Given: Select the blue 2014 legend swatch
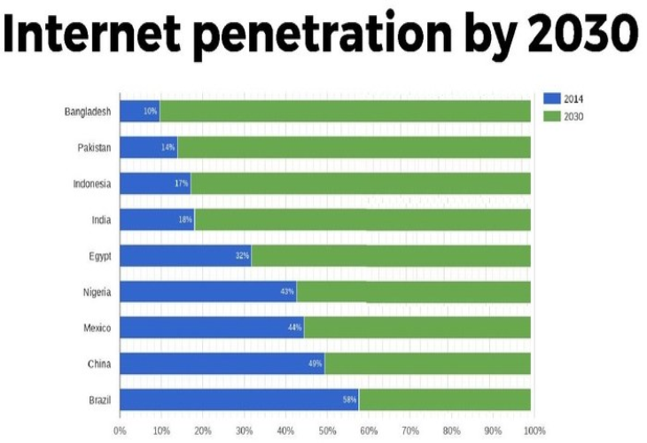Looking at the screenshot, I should (x=550, y=99).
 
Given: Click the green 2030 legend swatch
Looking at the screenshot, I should (x=550, y=116).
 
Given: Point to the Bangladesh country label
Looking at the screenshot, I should (x=88, y=112).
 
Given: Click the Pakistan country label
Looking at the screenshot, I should (x=94, y=147).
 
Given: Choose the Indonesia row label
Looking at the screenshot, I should (x=91, y=183).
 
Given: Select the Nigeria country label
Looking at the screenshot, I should (x=96, y=291).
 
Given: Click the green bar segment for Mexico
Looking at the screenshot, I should (x=417, y=328).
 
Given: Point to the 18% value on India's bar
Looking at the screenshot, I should (x=185, y=220).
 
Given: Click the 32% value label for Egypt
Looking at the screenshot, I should (x=242, y=256).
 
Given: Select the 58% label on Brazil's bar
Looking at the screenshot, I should (x=349, y=400).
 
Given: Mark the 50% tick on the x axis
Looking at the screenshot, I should (x=327, y=431).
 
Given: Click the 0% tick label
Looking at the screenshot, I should (x=120, y=431).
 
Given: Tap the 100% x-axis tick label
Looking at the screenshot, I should (x=534, y=431).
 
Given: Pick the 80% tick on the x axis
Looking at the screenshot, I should (x=452, y=431).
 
